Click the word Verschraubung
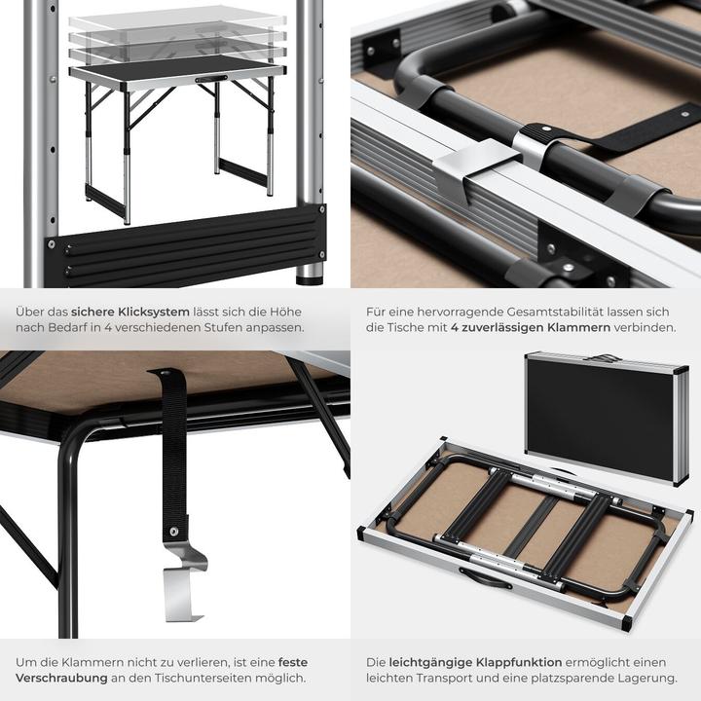[59, 678]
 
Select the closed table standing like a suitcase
[607, 417]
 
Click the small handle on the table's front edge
[210, 79]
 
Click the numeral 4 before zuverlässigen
[455, 328]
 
